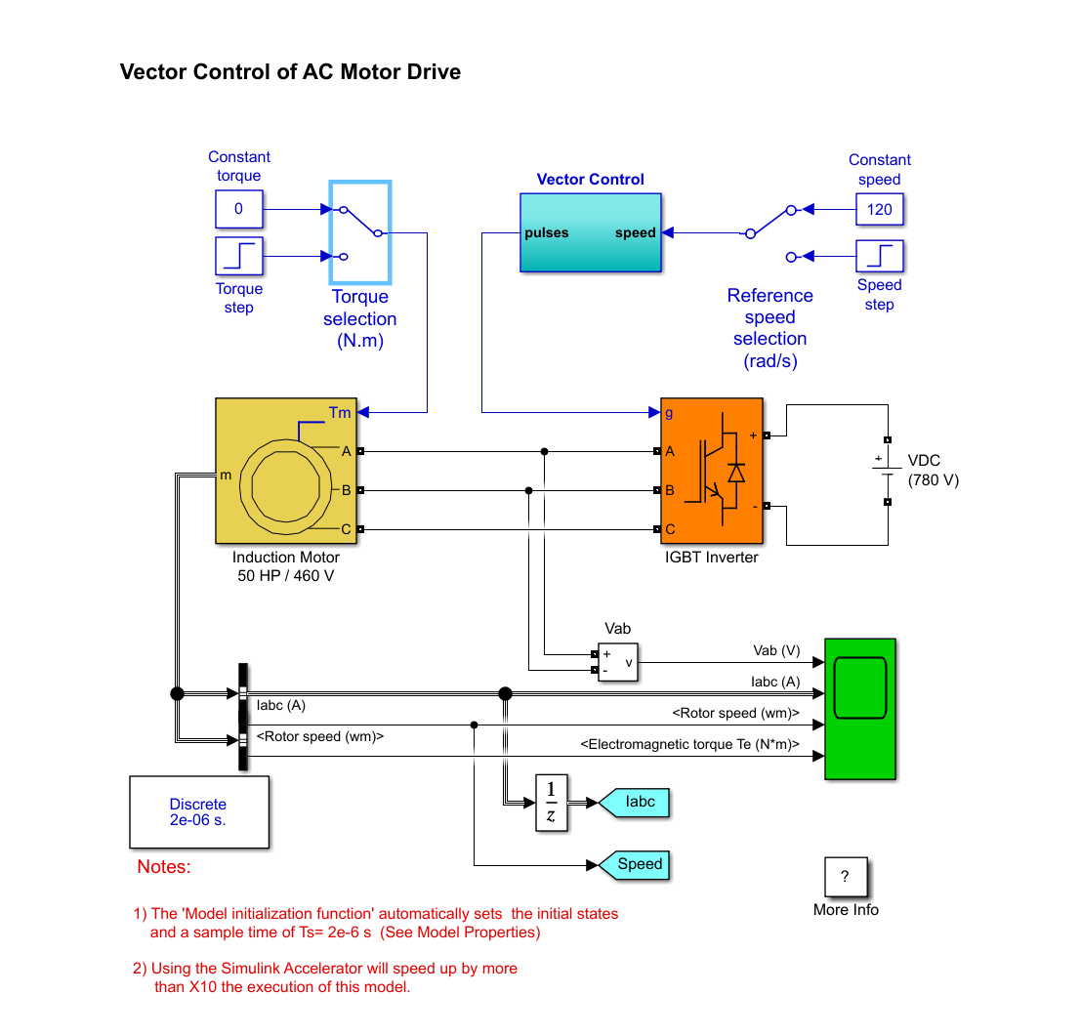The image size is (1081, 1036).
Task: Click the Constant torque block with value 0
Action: click(238, 209)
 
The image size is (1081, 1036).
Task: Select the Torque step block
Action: click(238, 257)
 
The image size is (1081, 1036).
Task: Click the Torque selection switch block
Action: click(360, 230)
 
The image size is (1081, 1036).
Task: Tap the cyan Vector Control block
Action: click(590, 231)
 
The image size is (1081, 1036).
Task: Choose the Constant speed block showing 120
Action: click(879, 209)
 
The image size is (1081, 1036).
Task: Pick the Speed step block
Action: click(879, 256)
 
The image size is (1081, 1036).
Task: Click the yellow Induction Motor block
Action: click(285, 471)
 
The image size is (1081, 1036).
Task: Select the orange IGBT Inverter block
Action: click(711, 471)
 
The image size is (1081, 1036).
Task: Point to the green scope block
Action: click(859, 709)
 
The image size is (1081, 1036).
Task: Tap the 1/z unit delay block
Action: click(551, 803)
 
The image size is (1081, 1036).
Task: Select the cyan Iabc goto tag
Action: click(635, 802)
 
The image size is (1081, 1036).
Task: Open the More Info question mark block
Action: click(845, 877)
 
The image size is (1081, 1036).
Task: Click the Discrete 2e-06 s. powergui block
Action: click(198, 812)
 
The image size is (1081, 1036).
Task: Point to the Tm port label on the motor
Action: click(339, 413)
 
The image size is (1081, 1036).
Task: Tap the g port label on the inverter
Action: click(669, 413)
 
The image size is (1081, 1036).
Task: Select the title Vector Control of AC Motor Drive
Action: click(290, 72)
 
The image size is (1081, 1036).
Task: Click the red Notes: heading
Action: click(164, 867)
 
